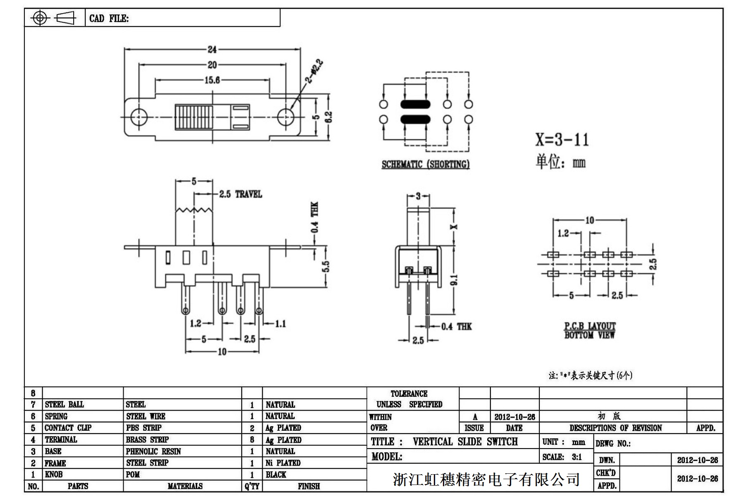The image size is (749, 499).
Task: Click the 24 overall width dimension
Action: point(212,50)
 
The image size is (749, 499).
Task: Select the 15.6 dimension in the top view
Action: point(212,80)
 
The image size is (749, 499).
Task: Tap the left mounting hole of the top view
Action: point(139,117)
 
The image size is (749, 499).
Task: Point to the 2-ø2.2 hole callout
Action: point(314,72)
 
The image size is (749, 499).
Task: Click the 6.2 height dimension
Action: point(329,117)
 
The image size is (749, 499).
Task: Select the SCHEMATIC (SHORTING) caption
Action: point(426,165)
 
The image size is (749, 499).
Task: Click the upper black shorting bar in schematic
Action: point(415,104)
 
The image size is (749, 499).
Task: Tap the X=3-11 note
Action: point(562,140)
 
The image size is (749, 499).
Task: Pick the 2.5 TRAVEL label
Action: point(240,194)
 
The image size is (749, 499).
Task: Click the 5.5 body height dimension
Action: point(326,267)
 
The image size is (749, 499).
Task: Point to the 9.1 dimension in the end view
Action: point(454,280)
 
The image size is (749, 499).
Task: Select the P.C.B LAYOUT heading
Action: point(590,326)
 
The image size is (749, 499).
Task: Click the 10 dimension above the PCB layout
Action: point(590,220)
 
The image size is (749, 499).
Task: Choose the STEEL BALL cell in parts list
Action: point(65,404)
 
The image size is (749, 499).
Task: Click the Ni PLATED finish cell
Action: point(283,463)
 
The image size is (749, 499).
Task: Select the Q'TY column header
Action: point(252,486)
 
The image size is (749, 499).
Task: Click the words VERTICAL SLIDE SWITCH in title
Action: point(465,442)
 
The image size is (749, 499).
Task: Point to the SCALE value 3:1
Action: point(577,457)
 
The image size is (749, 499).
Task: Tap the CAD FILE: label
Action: point(109,19)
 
